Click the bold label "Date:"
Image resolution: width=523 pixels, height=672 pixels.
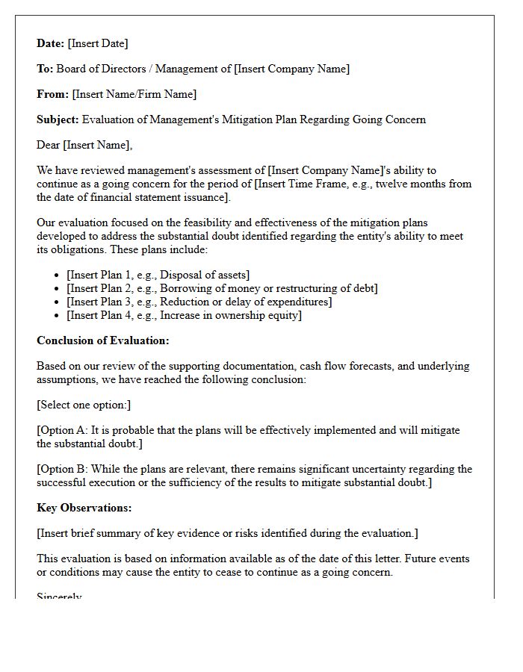coord(51,43)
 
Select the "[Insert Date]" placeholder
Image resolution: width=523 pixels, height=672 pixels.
coord(98,43)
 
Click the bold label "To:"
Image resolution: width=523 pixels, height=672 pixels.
coord(45,69)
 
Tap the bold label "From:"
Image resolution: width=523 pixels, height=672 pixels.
coord(52,94)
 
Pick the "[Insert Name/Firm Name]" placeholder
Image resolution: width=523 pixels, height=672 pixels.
coord(134,94)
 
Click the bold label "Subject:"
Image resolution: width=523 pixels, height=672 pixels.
coord(58,119)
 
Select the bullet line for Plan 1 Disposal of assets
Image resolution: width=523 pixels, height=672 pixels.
coord(158,275)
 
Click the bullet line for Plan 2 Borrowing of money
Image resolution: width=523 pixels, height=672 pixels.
coord(222,288)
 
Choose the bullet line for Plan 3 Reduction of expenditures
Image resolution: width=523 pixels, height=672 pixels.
coord(199,302)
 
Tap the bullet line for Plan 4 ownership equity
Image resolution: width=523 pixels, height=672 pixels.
coord(184,315)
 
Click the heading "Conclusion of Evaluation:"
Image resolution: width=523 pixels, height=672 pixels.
coord(103,340)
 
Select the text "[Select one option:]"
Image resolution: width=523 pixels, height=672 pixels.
coord(84,405)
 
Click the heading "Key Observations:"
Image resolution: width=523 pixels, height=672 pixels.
coord(84,508)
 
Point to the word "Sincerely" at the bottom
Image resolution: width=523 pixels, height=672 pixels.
coord(59,597)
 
